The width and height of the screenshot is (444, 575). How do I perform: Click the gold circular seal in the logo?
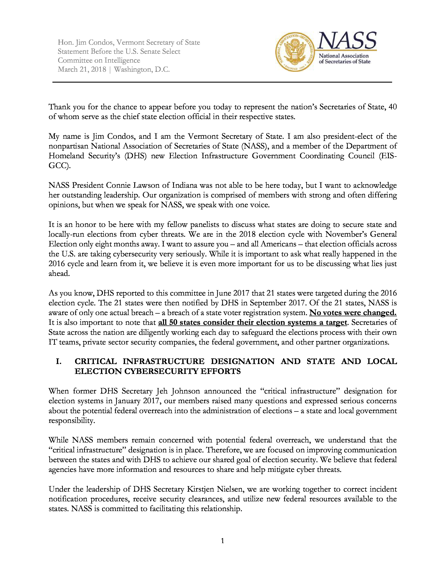coord(295,52)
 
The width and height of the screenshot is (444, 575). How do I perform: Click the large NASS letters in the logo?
coord(347,41)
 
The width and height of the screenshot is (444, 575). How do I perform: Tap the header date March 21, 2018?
coord(82,70)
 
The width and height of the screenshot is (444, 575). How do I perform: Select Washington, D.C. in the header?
coord(142,70)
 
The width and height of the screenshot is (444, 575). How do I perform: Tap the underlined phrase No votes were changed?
coord(353,313)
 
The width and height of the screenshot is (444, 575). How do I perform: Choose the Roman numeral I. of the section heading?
coord(59,362)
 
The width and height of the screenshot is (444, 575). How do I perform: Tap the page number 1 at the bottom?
coord(222,541)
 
